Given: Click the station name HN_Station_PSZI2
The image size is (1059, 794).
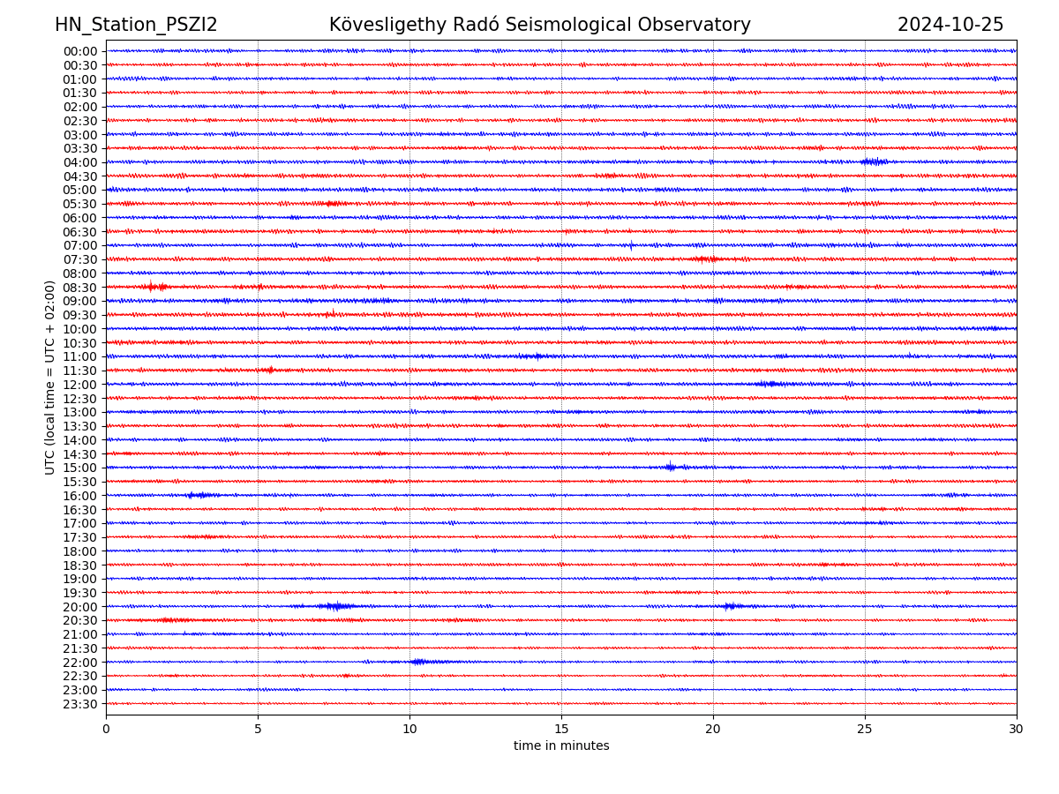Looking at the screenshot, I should tap(136, 25).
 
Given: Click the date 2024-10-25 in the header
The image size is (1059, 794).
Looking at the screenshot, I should tap(950, 25).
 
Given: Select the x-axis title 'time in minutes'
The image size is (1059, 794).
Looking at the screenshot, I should tap(561, 746).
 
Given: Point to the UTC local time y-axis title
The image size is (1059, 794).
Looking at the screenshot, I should tap(50, 377).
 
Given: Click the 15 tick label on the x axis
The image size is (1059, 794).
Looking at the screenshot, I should tap(561, 730).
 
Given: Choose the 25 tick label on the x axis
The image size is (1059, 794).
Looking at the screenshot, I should tap(865, 730).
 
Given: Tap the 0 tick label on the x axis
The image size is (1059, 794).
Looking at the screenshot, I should tap(106, 730).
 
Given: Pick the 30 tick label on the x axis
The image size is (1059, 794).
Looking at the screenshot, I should tap(1017, 730).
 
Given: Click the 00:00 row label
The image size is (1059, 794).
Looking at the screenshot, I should tap(80, 51).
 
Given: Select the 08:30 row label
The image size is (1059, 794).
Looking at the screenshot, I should tap(80, 288).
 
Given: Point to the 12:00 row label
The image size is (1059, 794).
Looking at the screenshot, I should tap(80, 385).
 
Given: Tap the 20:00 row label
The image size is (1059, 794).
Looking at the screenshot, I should tap(80, 607).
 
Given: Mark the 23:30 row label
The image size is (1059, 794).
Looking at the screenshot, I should tap(80, 704).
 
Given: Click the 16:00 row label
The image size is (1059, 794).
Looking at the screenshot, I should tap(80, 496).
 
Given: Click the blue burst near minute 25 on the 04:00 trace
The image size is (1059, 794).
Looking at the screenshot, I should tap(874, 161).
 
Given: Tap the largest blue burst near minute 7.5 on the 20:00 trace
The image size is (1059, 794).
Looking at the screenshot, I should tap(334, 606).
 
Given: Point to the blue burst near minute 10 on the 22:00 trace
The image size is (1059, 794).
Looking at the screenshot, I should tap(419, 662).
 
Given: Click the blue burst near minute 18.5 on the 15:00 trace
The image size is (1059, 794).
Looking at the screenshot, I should tap(671, 467).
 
